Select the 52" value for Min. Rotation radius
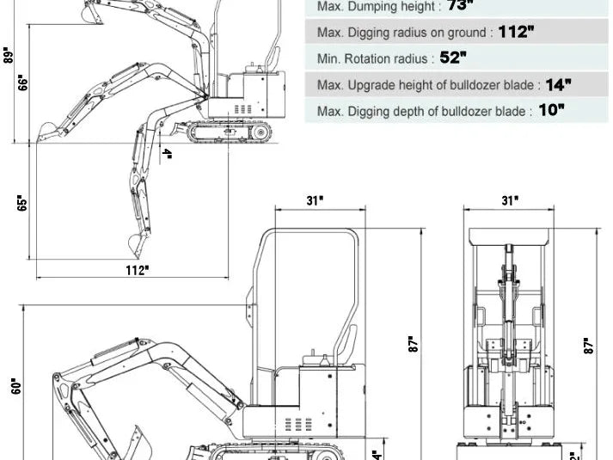(x=453, y=58)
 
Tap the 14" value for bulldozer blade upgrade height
(x=558, y=84)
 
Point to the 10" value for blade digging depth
(x=551, y=111)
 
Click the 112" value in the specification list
(x=516, y=32)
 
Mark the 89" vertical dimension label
(x=8, y=56)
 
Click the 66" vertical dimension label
(x=23, y=83)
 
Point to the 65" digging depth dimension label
(x=23, y=203)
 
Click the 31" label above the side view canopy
(x=316, y=200)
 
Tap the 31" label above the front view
(x=511, y=200)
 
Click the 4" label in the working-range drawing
(x=168, y=155)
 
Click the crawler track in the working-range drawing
(x=231, y=132)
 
